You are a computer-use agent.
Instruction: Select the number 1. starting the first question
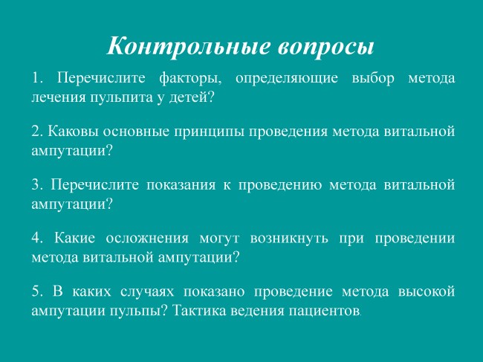(x=37, y=78)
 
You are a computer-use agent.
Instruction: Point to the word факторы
(x=190, y=79)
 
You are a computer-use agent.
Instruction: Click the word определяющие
(x=287, y=79)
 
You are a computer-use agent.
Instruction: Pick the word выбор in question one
(x=373, y=78)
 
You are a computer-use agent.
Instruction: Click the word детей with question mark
(x=191, y=97)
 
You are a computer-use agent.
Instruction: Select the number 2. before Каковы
(x=38, y=132)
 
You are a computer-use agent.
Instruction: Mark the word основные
(x=136, y=132)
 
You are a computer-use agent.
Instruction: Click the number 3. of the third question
(x=38, y=185)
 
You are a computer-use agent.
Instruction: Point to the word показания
(x=181, y=185)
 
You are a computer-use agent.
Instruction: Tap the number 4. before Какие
(x=38, y=238)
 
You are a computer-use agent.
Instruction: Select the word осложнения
(x=147, y=239)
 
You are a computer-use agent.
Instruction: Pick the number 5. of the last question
(x=38, y=291)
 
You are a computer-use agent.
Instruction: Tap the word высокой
(x=427, y=291)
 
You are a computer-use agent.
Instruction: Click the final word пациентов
(x=324, y=311)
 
